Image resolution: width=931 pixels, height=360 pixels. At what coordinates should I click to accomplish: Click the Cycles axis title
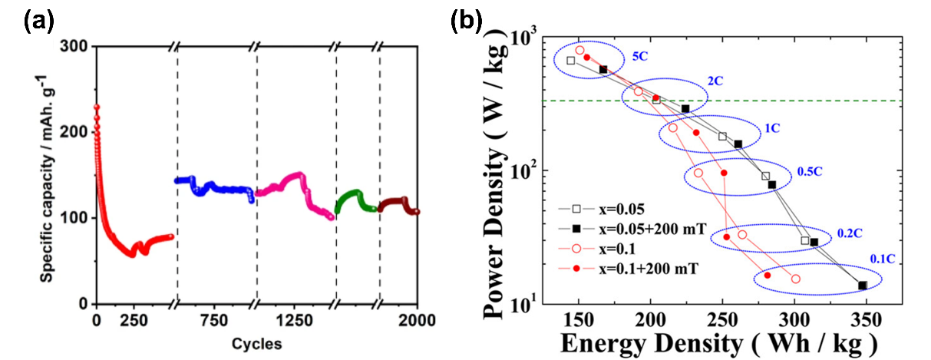point(256,342)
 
